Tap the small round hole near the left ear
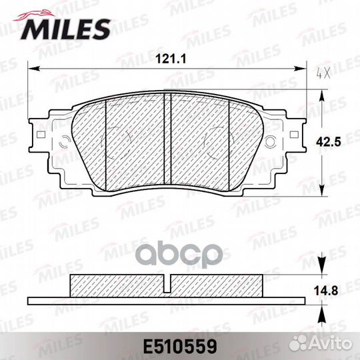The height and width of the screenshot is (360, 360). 65,141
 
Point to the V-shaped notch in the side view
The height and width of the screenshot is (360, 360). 169,284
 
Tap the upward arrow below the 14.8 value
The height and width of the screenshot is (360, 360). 323,313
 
